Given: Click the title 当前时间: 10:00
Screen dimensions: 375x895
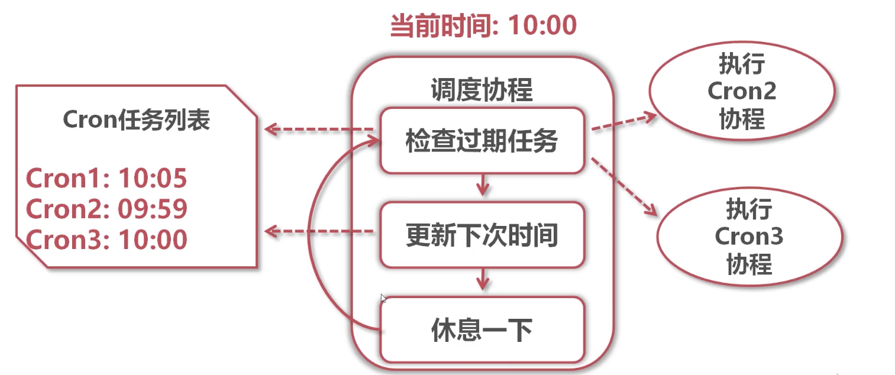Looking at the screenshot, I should (x=483, y=26).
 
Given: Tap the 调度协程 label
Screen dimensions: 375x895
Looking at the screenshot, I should (x=482, y=90).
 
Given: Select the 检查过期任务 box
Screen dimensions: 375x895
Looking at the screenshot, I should (x=482, y=141).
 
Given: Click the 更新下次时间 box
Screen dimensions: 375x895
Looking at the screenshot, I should (x=482, y=235).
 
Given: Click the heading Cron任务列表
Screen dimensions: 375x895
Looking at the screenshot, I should (x=136, y=121).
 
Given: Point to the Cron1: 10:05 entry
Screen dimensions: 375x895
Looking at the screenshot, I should (x=106, y=178).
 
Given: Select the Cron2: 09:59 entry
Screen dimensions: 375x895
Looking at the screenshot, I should (x=106, y=209).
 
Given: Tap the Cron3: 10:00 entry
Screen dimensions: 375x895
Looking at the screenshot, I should (x=106, y=240).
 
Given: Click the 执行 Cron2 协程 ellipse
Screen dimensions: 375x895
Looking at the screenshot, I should (x=742, y=91).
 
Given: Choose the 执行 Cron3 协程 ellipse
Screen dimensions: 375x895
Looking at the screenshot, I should (x=749, y=237).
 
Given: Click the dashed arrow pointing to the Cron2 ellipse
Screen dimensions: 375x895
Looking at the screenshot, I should (x=624, y=122).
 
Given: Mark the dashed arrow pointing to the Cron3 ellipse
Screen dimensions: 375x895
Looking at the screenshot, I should (x=624, y=186).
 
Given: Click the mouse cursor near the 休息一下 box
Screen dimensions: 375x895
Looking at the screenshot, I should (x=383, y=299).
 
